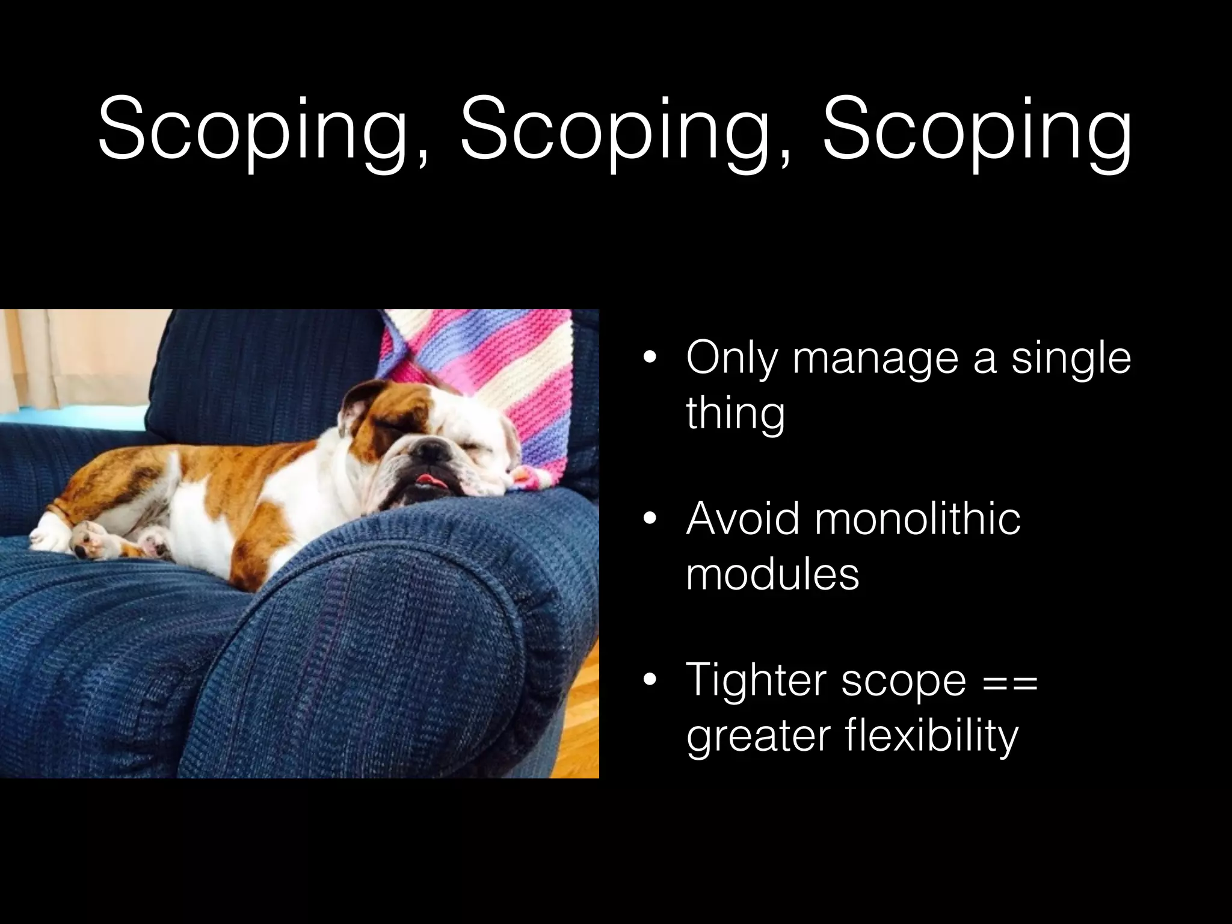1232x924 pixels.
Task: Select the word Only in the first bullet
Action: pyautogui.click(x=730, y=359)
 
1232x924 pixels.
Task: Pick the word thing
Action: pyautogui.click(x=735, y=414)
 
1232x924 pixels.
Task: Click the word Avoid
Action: pyautogui.click(x=743, y=519)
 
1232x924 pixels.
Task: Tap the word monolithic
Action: pyautogui.click(x=917, y=519)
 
